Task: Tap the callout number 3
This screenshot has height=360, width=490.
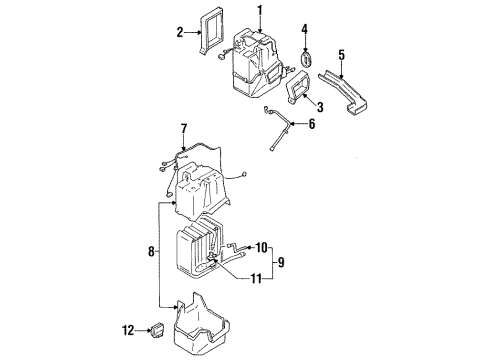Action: point(318,107)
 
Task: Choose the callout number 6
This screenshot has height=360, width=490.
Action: point(311,125)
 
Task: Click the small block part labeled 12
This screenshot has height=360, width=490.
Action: point(158,330)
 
